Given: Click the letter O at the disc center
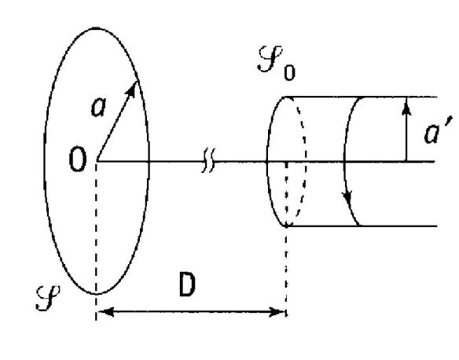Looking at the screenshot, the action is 78,160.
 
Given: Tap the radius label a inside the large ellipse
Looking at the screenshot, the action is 98,108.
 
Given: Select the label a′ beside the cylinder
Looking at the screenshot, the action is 438,130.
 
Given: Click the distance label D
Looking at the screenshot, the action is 187,285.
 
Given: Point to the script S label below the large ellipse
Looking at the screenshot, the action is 48,297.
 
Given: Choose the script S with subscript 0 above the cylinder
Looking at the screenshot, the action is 277,63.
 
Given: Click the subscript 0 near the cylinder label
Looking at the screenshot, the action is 289,72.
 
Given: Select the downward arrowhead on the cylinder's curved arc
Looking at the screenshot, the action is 348,198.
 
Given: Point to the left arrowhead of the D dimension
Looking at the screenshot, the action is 105,312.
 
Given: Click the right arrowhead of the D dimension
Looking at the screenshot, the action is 277,312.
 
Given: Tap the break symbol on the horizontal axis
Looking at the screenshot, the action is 208,160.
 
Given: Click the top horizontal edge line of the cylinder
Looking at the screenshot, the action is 361,97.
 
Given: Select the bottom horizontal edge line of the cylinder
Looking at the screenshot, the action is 362,226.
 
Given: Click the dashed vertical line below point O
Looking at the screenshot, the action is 96,240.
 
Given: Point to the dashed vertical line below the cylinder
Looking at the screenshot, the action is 286,270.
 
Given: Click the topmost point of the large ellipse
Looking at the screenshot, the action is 96,28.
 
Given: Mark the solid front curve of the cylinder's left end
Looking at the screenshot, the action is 267,161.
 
